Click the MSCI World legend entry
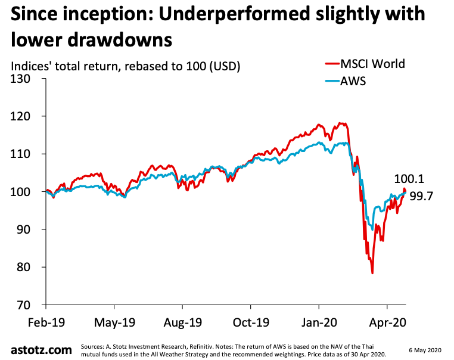[372, 64]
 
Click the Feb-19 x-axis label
[46, 324]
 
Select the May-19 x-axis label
[114, 324]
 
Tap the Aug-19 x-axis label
[182, 324]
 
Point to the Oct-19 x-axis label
[250, 324]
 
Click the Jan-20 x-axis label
[318, 324]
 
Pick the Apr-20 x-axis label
[387, 324]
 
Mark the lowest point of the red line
[372, 273]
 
